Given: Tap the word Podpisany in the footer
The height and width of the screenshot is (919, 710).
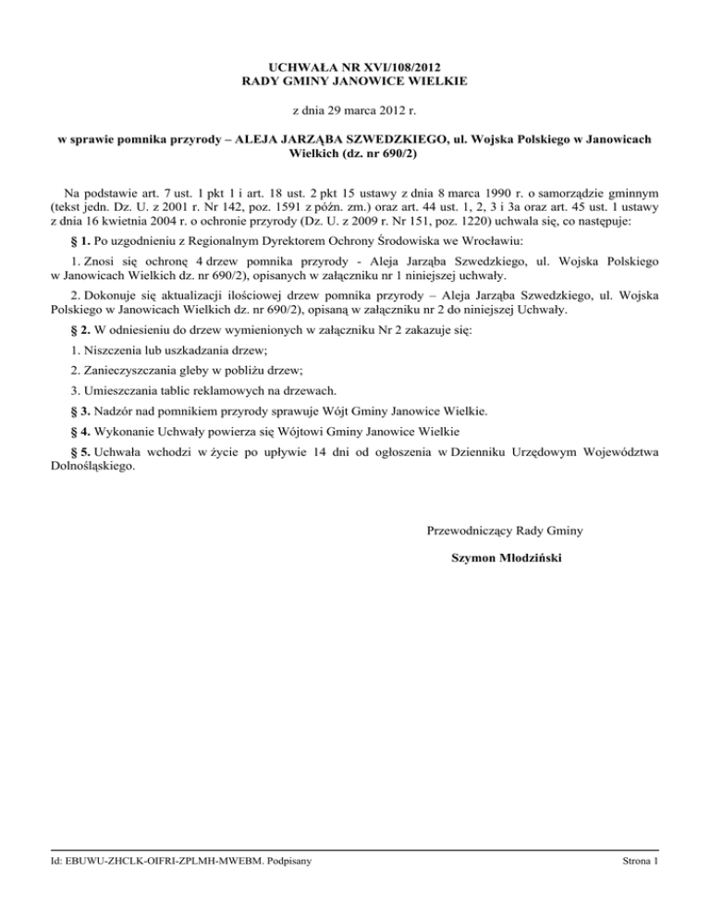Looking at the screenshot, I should point(288,863).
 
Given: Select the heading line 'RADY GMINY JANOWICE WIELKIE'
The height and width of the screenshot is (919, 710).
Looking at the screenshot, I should point(355,81).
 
